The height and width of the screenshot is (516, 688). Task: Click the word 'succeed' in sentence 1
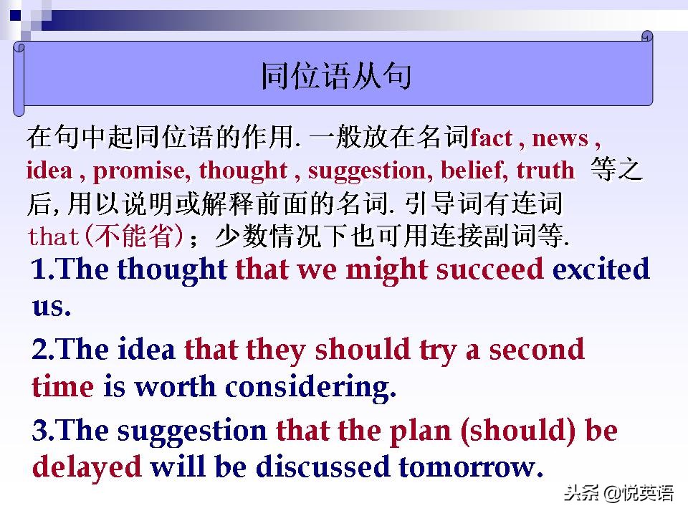tap(491, 269)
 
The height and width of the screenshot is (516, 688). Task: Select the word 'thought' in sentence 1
tap(172, 269)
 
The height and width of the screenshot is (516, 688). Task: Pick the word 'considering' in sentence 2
tap(310, 388)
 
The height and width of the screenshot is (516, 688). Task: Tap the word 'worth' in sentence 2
tap(176, 388)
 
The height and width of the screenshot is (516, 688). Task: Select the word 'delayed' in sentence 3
tap(87, 467)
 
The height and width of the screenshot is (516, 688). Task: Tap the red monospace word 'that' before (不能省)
tap(57, 236)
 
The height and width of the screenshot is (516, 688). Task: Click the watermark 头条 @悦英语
tap(618, 493)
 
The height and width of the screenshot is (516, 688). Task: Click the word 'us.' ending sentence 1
tap(52, 307)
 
